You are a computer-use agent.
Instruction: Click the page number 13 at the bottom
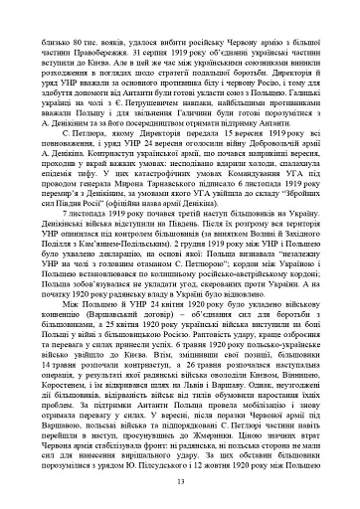pos(180,482)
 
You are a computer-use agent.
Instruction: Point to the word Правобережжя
pos(85,27)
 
